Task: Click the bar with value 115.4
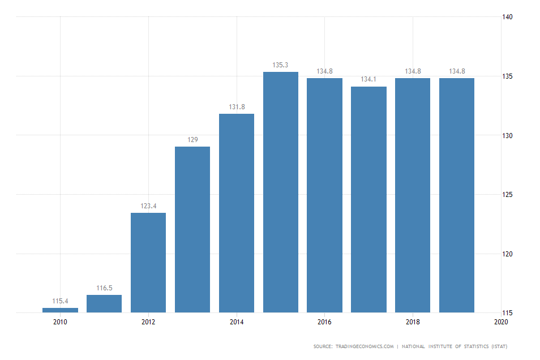(60, 310)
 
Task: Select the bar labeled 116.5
(104, 303)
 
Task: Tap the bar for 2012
(148, 263)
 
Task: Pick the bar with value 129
(192, 229)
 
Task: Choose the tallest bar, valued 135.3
(281, 192)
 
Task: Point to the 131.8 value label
(237, 106)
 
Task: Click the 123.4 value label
(148, 206)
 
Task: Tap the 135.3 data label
(281, 65)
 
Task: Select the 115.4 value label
(60, 301)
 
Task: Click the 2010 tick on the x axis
(60, 322)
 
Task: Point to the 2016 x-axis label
(325, 322)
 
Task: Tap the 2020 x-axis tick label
(501, 322)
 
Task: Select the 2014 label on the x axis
(237, 322)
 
